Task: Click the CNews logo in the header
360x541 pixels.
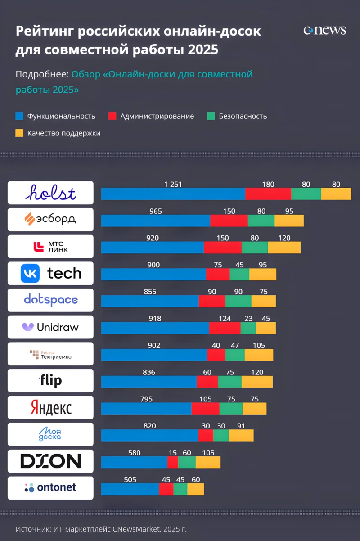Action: (x=324, y=31)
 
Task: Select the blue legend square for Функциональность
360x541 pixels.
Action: (x=19, y=116)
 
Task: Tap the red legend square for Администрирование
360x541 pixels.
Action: (x=112, y=116)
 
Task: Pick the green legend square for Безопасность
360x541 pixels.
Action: (x=211, y=116)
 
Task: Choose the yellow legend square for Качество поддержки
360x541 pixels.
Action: (x=19, y=133)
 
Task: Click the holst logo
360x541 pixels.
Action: (x=50, y=193)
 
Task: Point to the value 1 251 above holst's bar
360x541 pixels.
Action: (x=173, y=185)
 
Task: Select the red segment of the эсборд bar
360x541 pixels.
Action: (x=229, y=221)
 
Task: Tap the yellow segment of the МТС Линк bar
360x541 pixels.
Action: (x=284, y=248)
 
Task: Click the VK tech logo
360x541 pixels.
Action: (x=50, y=273)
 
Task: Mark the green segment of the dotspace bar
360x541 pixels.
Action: (x=238, y=301)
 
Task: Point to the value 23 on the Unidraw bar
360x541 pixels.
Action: (x=248, y=319)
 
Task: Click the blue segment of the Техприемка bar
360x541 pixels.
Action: (x=154, y=355)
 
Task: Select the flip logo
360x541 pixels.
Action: (x=50, y=381)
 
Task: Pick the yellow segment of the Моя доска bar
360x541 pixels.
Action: (x=241, y=435)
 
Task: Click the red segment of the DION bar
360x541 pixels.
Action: (x=172, y=462)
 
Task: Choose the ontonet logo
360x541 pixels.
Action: (x=50, y=488)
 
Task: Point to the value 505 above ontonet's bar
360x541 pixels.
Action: (x=130, y=480)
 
